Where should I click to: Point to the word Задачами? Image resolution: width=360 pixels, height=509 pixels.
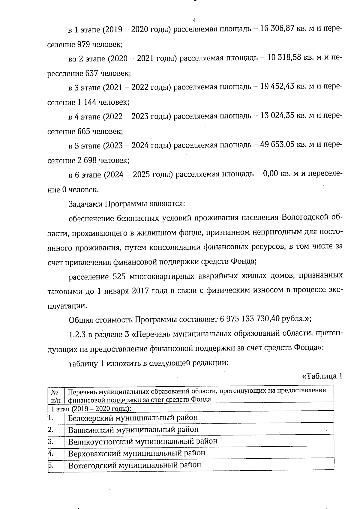(x=85, y=204)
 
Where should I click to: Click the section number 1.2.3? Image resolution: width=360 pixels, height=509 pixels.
(x=76, y=334)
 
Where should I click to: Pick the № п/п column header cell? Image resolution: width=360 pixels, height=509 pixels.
(x=56, y=395)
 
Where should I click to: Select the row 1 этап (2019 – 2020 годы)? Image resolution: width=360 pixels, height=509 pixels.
(x=91, y=409)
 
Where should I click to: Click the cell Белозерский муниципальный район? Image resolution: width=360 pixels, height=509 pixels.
(x=133, y=418)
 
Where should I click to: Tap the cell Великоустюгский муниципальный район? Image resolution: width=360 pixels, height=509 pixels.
(x=142, y=441)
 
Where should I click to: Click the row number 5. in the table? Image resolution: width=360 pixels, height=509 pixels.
(x=51, y=465)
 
